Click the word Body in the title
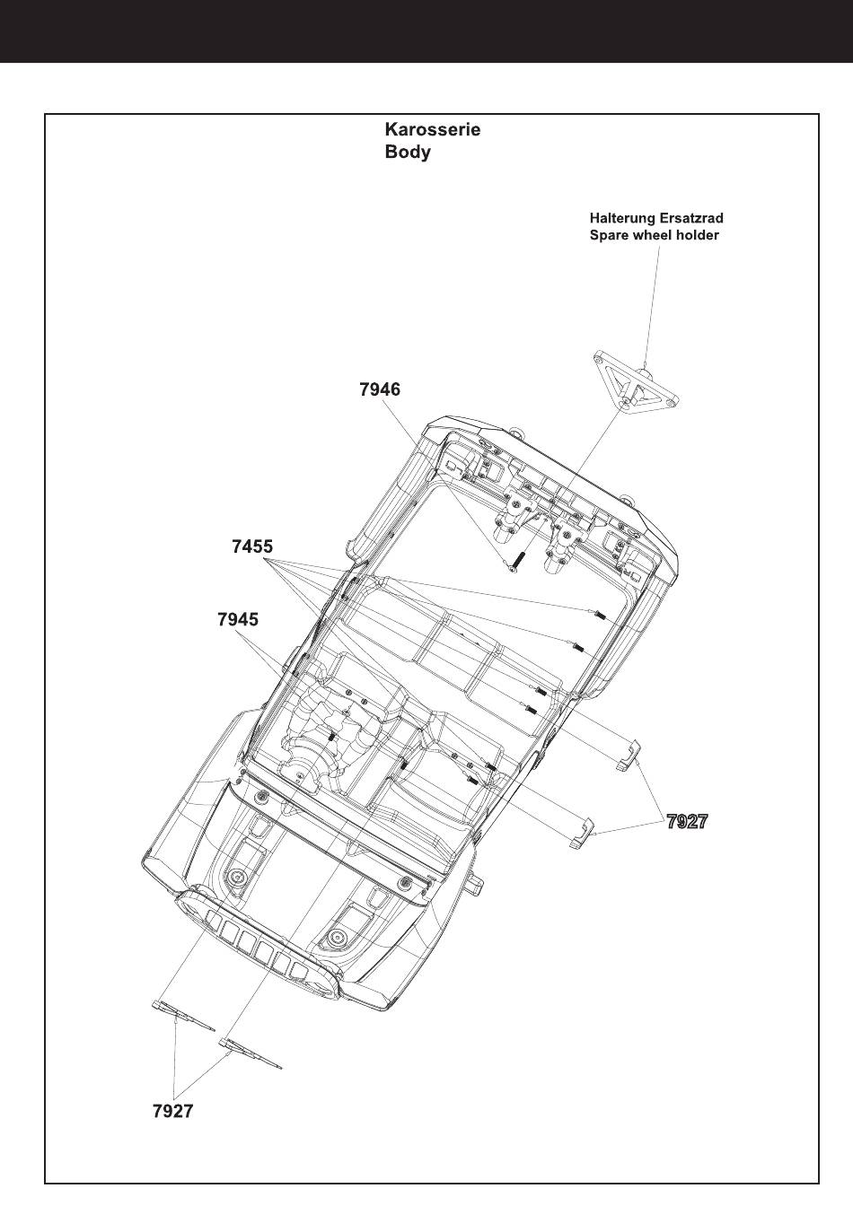click(x=408, y=152)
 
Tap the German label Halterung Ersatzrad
click(x=656, y=218)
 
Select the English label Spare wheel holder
click(x=654, y=235)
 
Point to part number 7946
click(x=379, y=389)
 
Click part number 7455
click(x=252, y=546)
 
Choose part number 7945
click(x=238, y=619)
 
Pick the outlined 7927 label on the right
click(x=687, y=821)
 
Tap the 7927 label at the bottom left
click(x=172, y=1111)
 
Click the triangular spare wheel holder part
click(x=634, y=383)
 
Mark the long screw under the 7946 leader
click(x=514, y=562)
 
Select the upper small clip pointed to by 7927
click(x=629, y=755)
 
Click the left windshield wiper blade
click(x=183, y=1016)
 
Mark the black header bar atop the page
click(x=426, y=31)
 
